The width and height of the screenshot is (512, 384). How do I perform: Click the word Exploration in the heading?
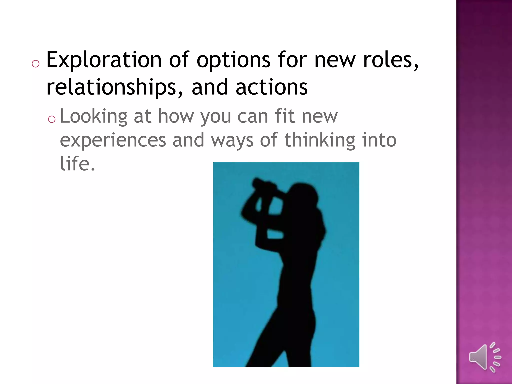click(x=104, y=60)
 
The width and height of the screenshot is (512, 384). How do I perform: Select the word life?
click(x=78, y=163)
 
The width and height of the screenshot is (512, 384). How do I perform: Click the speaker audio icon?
click(x=485, y=357)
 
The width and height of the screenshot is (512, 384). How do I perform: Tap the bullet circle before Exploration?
click(x=36, y=64)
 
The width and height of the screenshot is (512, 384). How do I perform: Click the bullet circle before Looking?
click(x=52, y=119)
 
